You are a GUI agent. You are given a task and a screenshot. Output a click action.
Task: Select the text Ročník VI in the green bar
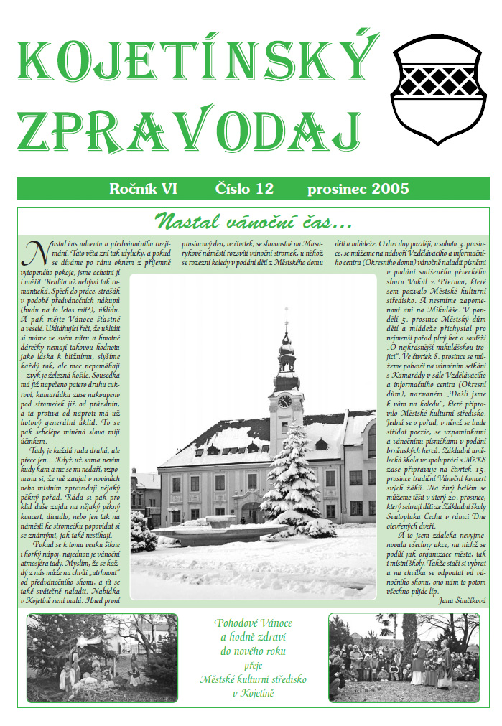[143, 190]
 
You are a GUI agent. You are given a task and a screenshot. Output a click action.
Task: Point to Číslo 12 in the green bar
[245, 190]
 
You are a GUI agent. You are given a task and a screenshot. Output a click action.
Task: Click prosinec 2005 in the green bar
[358, 190]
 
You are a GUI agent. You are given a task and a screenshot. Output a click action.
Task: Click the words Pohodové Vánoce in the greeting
[253, 623]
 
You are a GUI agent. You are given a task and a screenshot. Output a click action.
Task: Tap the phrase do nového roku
[253, 651]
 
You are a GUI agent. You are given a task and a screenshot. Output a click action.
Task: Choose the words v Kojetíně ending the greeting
[253, 693]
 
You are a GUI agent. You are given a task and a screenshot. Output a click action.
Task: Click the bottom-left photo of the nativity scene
[101, 656]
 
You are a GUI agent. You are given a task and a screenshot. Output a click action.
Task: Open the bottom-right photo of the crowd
[404, 657]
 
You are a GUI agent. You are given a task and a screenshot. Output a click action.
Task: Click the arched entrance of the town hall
[251, 512]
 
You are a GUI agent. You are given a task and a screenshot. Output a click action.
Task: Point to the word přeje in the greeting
[253, 665]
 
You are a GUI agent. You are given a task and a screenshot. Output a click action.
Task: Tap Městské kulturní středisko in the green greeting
[253, 679]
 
